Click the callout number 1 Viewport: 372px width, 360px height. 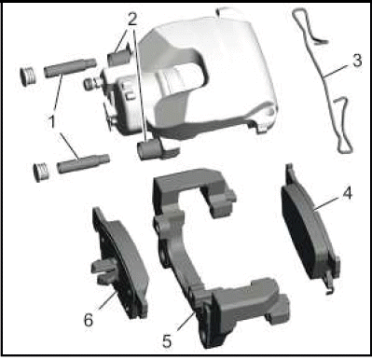click(x=52, y=121)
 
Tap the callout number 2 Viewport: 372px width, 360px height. click(x=132, y=20)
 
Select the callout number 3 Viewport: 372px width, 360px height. click(x=357, y=61)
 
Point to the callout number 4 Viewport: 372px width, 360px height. click(x=347, y=193)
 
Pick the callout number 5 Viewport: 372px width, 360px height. click(x=167, y=341)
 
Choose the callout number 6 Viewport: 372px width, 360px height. click(x=89, y=320)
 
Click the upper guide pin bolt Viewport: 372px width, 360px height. click(x=70, y=67)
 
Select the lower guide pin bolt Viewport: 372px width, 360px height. click(x=83, y=163)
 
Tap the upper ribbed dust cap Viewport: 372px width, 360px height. click(x=28, y=76)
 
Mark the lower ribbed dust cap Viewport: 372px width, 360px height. click(x=42, y=172)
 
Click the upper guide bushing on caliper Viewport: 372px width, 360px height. click(x=118, y=57)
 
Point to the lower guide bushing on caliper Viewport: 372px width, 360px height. click(x=149, y=149)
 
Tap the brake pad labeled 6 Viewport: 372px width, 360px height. click(x=121, y=264)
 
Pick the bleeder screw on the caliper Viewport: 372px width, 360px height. click(x=92, y=83)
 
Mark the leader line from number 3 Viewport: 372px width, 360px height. click(x=338, y=72)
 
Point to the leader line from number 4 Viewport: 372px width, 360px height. click(x=328, y=202)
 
